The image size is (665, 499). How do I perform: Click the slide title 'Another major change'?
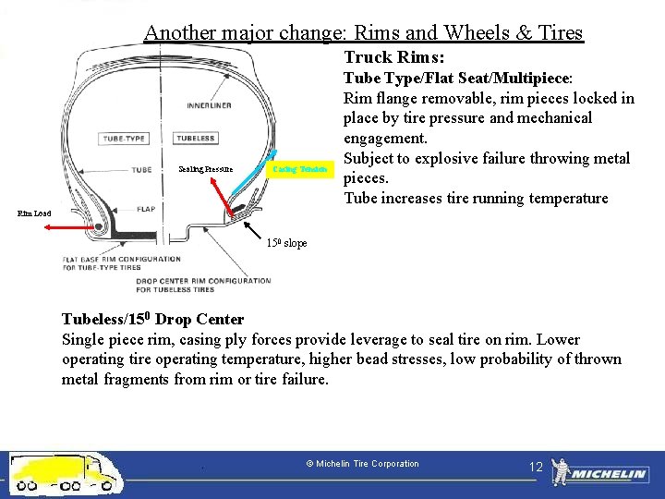click(363, 33)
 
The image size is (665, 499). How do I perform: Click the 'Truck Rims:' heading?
click(394, 57)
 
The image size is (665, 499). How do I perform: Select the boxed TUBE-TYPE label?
click(124, 139)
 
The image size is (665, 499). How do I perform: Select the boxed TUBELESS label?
click(195, 139)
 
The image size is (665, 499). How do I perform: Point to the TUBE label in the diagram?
click(141, 170)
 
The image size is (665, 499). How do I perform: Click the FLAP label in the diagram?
click(146, 209)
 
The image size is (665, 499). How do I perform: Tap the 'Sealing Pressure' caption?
click(206, 170)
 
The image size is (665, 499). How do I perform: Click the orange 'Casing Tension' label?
click(299, 170)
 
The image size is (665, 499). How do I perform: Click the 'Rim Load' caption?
click(35, 213)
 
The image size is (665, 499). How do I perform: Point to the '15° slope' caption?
click(286, 243)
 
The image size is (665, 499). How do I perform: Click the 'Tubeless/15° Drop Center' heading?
click(152, 320)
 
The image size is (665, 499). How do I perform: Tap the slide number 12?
click(536, 467)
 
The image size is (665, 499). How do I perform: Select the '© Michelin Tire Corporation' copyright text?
click(362, 464)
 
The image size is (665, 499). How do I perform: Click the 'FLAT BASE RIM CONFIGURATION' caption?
click(122, 260)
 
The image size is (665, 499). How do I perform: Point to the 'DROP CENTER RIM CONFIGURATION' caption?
click(203, 281)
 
